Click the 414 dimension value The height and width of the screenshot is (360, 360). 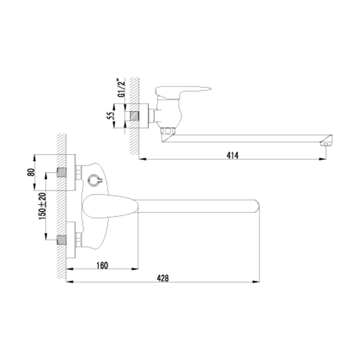point(233,155)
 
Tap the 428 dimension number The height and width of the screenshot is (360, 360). point(162,278)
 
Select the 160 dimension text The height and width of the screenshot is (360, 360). point(102,265)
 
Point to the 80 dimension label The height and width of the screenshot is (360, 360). point(31,172)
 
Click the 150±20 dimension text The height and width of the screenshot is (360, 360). point(42,206)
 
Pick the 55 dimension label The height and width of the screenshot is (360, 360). point(110,116)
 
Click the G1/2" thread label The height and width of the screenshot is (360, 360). point(121,88)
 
